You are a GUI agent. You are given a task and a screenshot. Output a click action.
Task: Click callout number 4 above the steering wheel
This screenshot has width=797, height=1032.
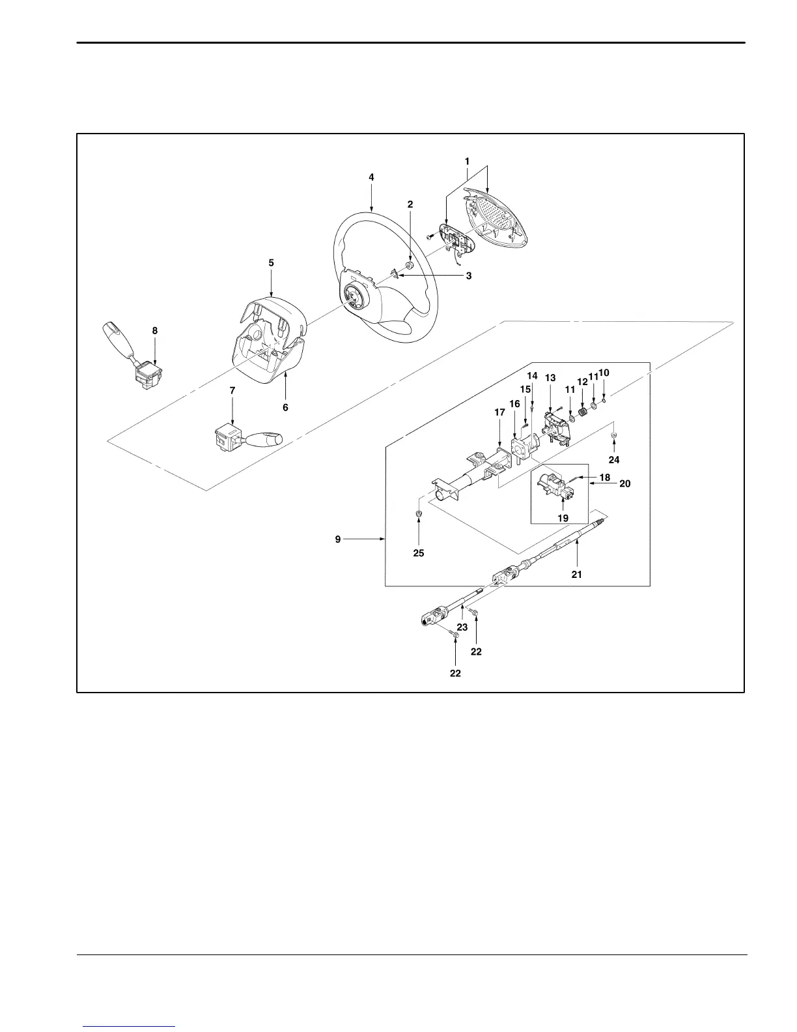[371, 177]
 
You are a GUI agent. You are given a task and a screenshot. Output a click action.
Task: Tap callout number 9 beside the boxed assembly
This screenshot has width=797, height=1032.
[338, 539]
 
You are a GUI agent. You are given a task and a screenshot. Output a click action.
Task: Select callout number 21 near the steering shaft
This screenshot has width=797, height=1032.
[576, 574]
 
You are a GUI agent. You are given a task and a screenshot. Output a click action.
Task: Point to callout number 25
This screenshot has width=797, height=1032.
[419, 552]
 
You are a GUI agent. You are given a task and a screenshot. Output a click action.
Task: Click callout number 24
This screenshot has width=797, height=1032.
[614, 459]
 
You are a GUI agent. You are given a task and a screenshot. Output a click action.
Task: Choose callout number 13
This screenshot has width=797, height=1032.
[550, 378]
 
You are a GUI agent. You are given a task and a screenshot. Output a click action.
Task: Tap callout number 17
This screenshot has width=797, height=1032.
[499, 412]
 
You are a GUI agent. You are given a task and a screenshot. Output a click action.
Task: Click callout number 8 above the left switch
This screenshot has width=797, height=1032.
[155, 330]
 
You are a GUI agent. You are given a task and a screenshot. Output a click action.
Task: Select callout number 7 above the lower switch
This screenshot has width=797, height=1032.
[232, 390]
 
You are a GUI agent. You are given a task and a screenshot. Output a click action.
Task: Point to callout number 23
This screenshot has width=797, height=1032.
[462, 627]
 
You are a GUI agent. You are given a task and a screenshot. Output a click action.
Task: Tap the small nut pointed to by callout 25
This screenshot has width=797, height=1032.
[419, 515]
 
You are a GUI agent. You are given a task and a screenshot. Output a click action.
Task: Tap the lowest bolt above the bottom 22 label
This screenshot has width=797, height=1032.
[455, 633]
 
